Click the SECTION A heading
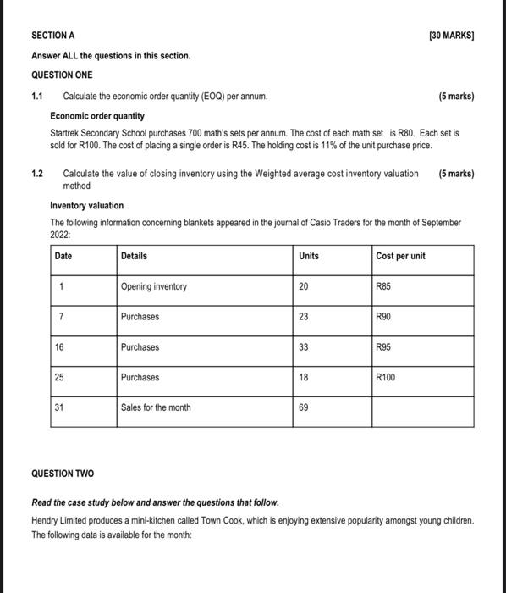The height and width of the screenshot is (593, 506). tap(52, 36)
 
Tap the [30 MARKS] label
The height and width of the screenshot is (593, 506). tap(452, 36)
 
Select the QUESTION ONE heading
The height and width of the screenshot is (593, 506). tap(62, 75)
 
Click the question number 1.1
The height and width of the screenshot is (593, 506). tap(37, 97)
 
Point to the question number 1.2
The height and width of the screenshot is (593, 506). tap(37, 174)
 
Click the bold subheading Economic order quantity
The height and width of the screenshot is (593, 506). tap(97, 116)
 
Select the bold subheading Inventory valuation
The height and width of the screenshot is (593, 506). tap(87, 206)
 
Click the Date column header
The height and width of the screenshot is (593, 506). tap(63, 256)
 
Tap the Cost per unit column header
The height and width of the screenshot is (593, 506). tap(400, 256)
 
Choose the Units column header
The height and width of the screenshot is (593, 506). tap(309, 256)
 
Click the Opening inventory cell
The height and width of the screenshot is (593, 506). tap(154, 287)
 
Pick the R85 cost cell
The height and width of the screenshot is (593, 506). tap(384, 287)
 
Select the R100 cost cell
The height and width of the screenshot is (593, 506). tap(386, 378)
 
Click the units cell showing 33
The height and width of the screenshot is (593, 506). tap(304, 347)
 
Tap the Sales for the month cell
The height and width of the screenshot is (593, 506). tap(156, 407)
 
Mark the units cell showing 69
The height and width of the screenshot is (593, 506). tap(304, 407)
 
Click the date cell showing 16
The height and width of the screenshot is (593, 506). tap(60, 347)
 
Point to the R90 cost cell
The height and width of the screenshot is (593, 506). tap(384, 317)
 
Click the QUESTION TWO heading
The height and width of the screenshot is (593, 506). tap(63, 474)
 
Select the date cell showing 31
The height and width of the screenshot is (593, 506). tap(60, 407)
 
